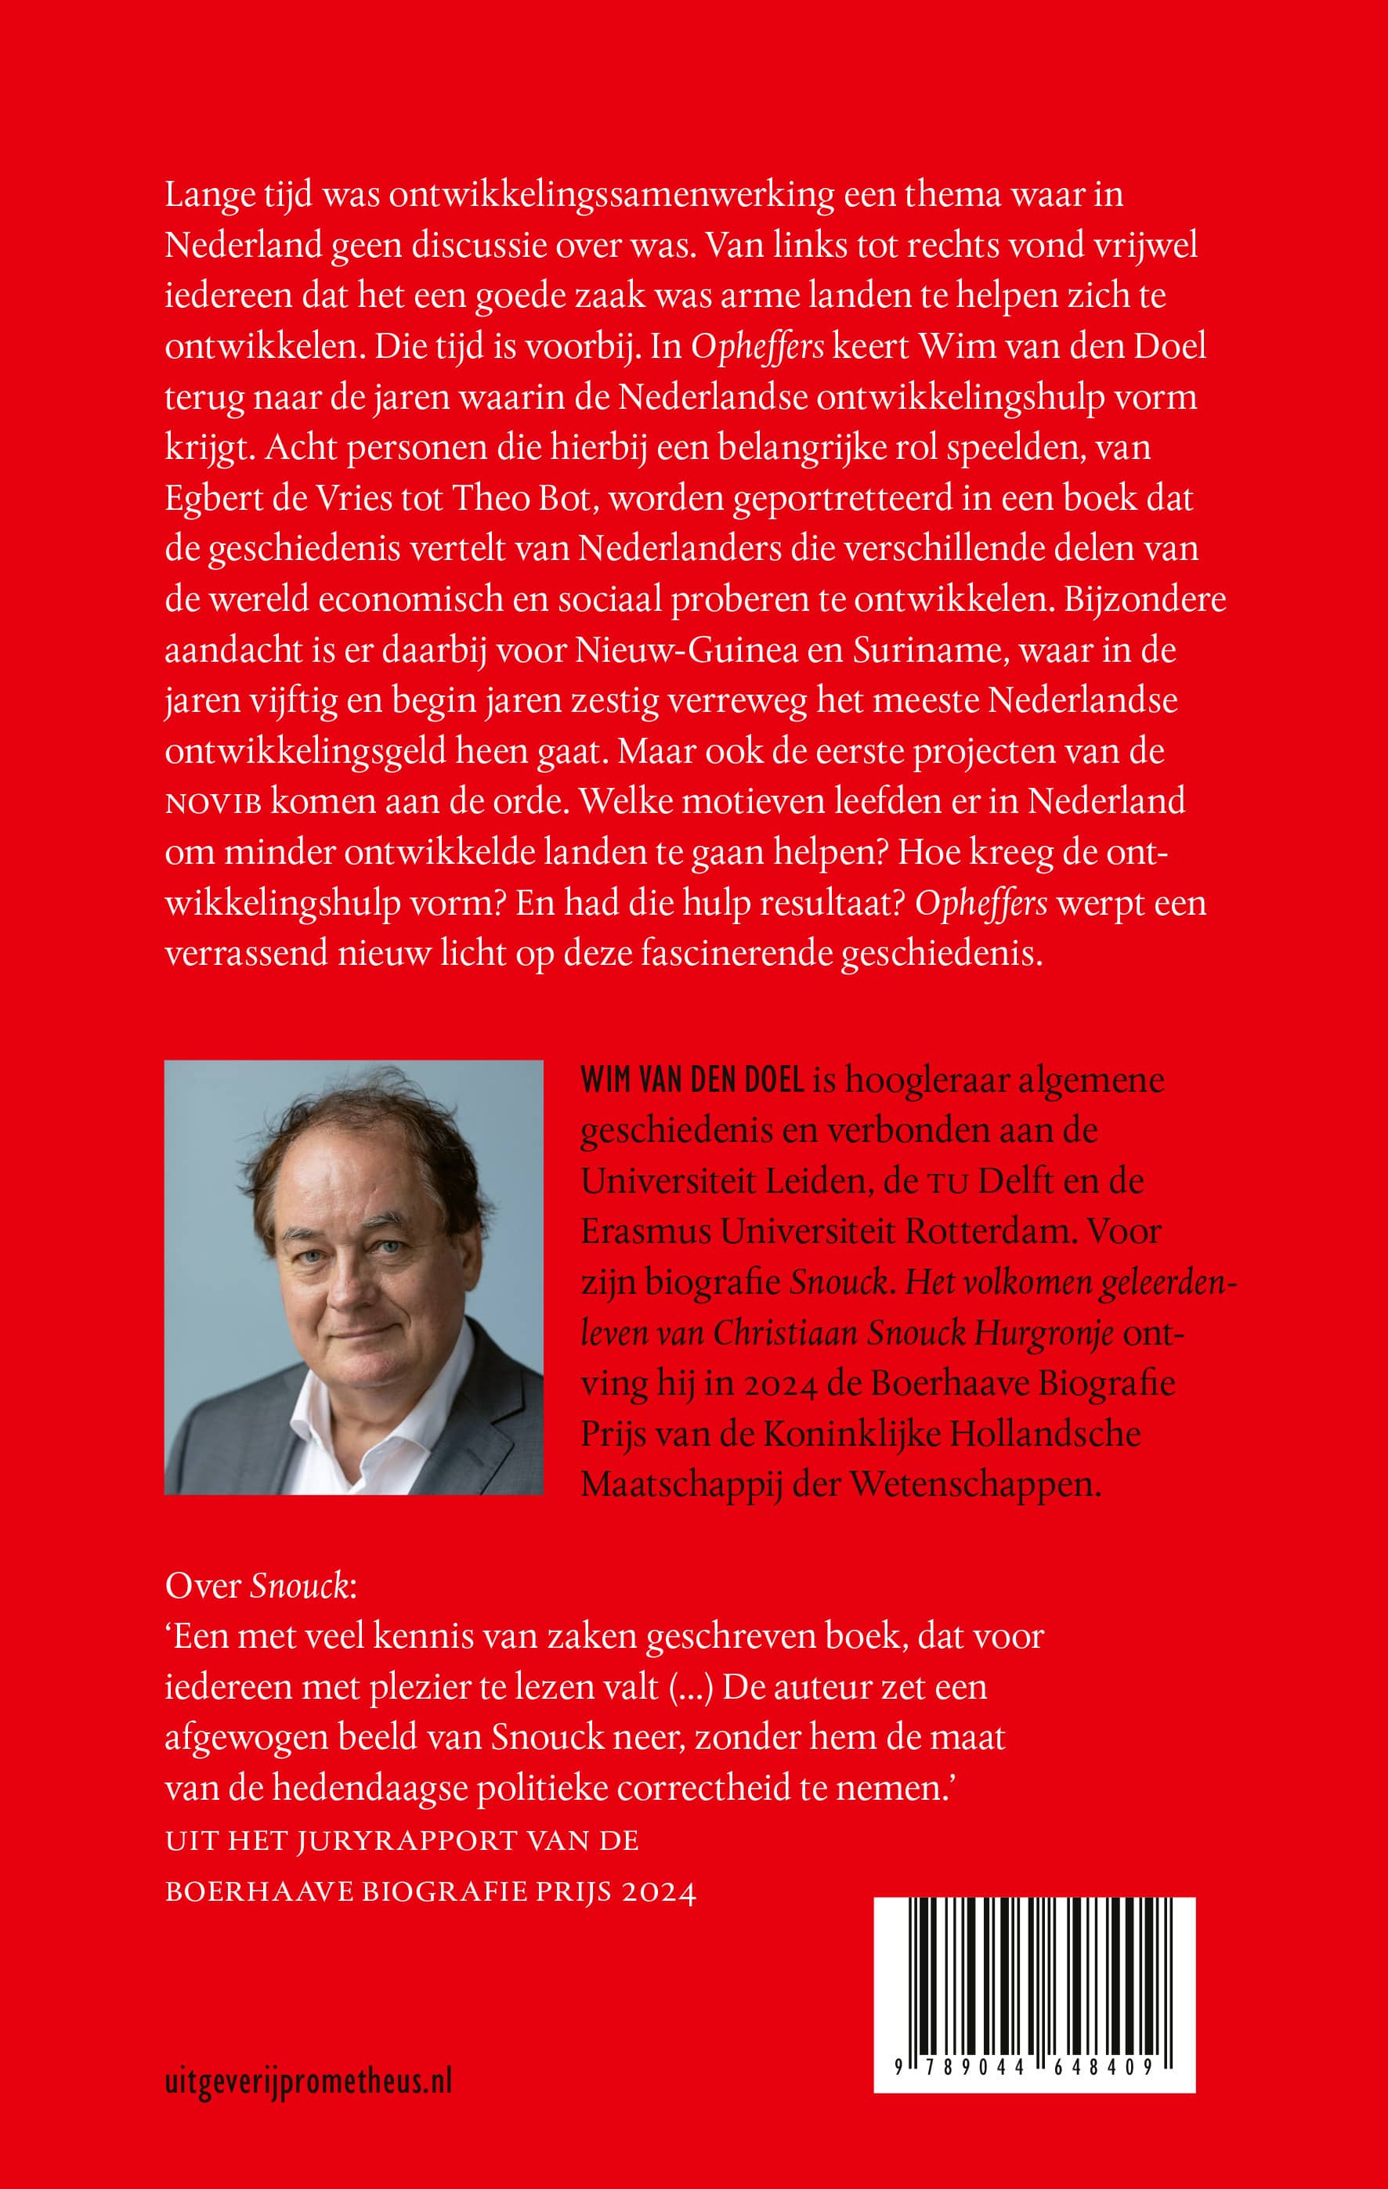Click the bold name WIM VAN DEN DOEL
click(692, 1080)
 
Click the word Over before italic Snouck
click(203, 1585)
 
